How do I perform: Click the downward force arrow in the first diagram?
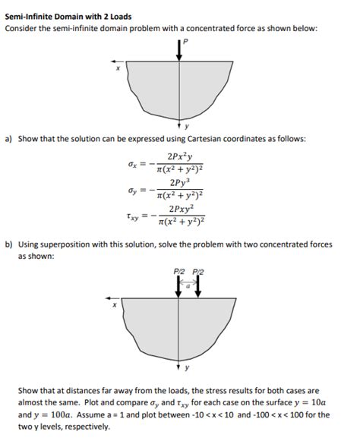point(179,51)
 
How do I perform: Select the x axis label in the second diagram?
point(115,307)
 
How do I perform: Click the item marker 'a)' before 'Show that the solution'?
point(9,139)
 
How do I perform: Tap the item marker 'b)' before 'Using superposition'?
point(9,247)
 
